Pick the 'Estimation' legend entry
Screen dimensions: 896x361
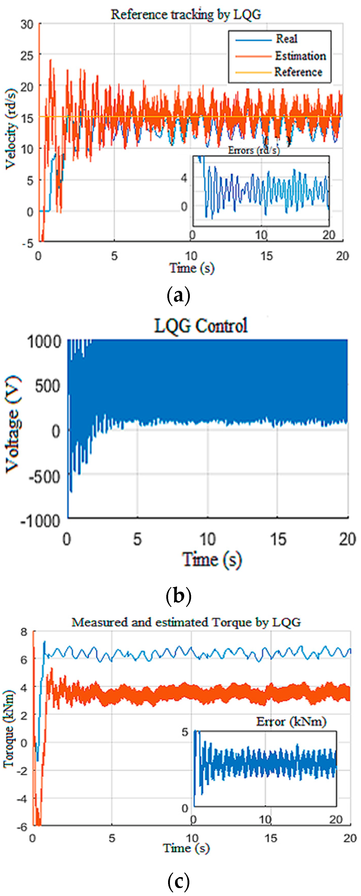(x=300, y=56)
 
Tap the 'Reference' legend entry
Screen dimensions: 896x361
(x=298, y=72)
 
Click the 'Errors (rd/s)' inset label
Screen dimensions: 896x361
(x=254, y=150)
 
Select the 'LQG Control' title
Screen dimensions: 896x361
(x=201, y=326)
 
